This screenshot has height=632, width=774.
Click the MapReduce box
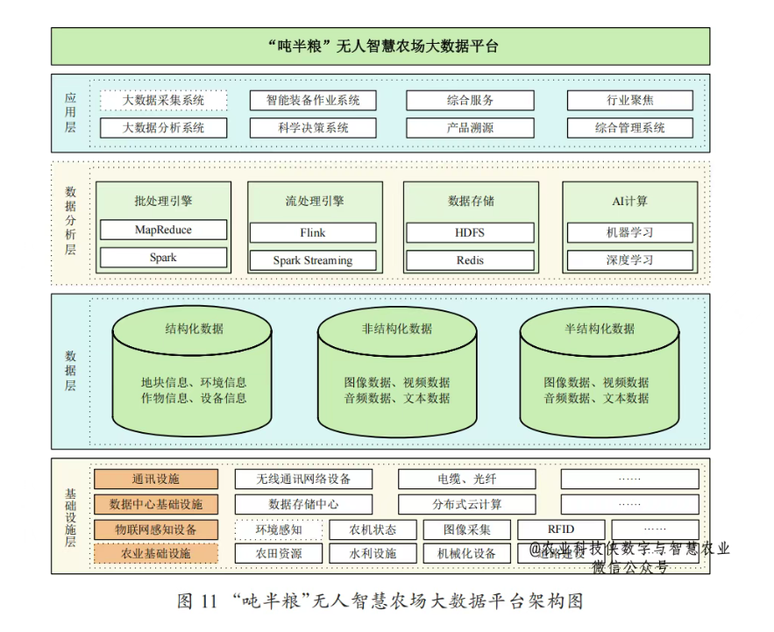point(163,230)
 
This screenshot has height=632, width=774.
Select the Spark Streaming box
point(313,260)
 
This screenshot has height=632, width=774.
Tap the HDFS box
point(470,232)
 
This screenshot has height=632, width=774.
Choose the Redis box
point(470,260)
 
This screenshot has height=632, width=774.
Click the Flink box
point(313,233)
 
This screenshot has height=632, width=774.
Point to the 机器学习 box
point(629,232)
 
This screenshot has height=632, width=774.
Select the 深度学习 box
point(629,260)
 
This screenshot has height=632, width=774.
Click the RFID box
point(561,529)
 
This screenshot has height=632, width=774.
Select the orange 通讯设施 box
point(156,479)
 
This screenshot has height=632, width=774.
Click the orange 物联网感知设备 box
point(156,529)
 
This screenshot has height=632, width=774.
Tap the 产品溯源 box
point(470,128)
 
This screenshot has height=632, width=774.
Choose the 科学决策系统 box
point(313,128)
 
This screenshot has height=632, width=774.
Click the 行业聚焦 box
point(629,100)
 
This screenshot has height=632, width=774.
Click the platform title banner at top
point(380,46)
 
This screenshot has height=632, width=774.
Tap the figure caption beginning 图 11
point(380,601)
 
